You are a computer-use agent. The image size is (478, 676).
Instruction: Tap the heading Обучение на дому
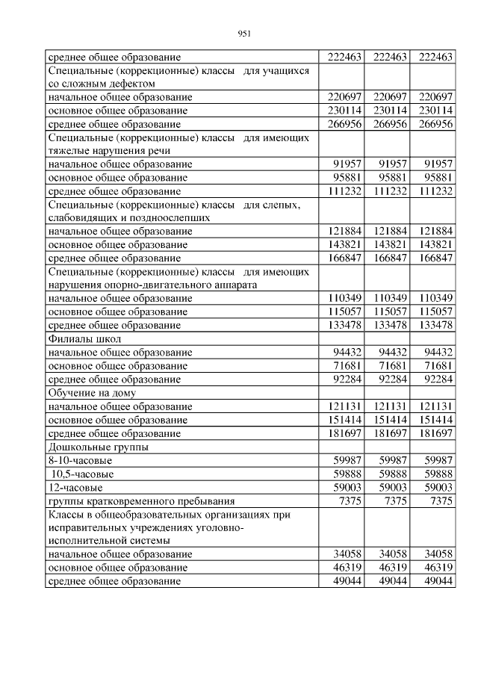(92, 393)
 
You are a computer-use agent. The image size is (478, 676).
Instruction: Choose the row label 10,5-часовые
(83, 474)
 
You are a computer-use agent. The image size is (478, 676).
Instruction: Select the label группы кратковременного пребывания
(141, 501)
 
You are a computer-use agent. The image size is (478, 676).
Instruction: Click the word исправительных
(84, 527)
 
